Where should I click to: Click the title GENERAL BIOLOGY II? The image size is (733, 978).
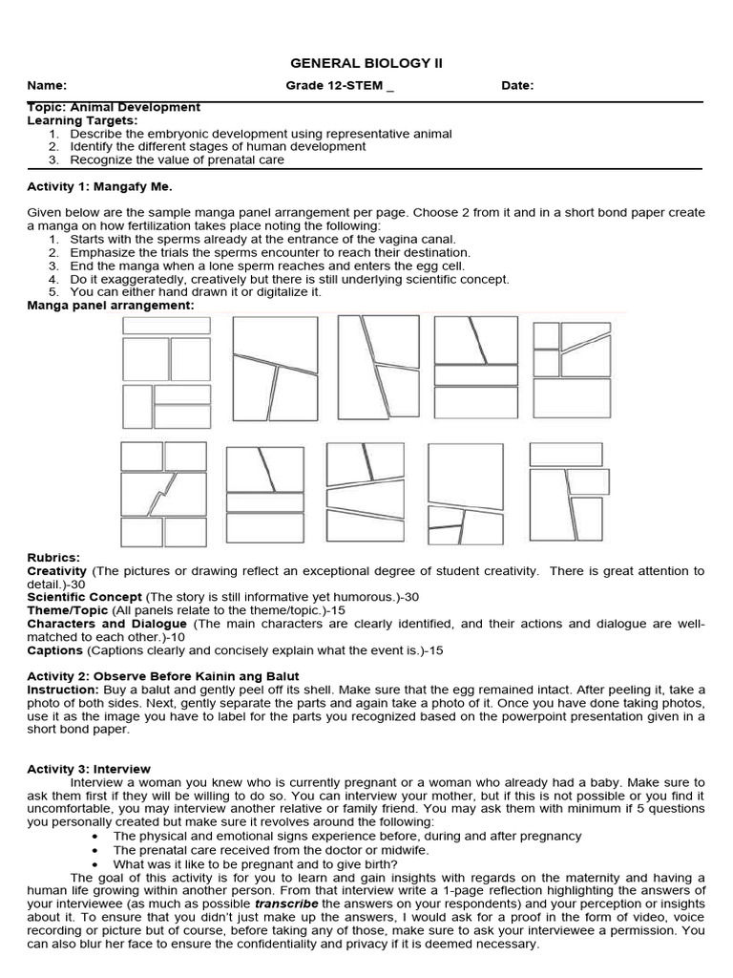[366, 63]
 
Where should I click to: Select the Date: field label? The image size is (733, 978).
[517, 86]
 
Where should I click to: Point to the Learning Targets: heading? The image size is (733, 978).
[82, 121]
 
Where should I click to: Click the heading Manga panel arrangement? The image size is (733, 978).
[110, 306]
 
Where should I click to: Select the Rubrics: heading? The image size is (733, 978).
[53, 558]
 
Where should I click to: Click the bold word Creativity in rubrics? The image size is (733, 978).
[57, 571]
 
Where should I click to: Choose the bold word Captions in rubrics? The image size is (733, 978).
[55, 650]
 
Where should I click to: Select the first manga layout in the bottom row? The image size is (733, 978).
[163, 494]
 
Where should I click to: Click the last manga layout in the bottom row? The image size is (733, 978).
[570, 494]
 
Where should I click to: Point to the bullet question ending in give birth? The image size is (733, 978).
[255, 863]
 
